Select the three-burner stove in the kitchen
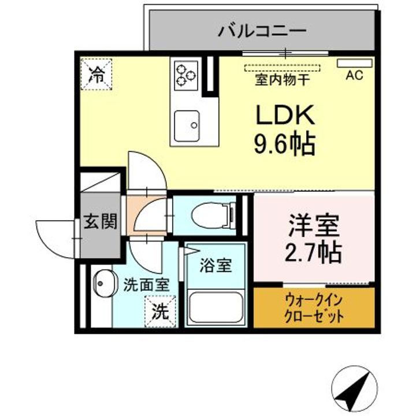point(185,74)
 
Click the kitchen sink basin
point(187,123)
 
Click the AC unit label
point(354,75)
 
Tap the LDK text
point(285,115)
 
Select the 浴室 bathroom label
point(215,265)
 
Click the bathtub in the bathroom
point(216,306)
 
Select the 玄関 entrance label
point(100,221)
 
